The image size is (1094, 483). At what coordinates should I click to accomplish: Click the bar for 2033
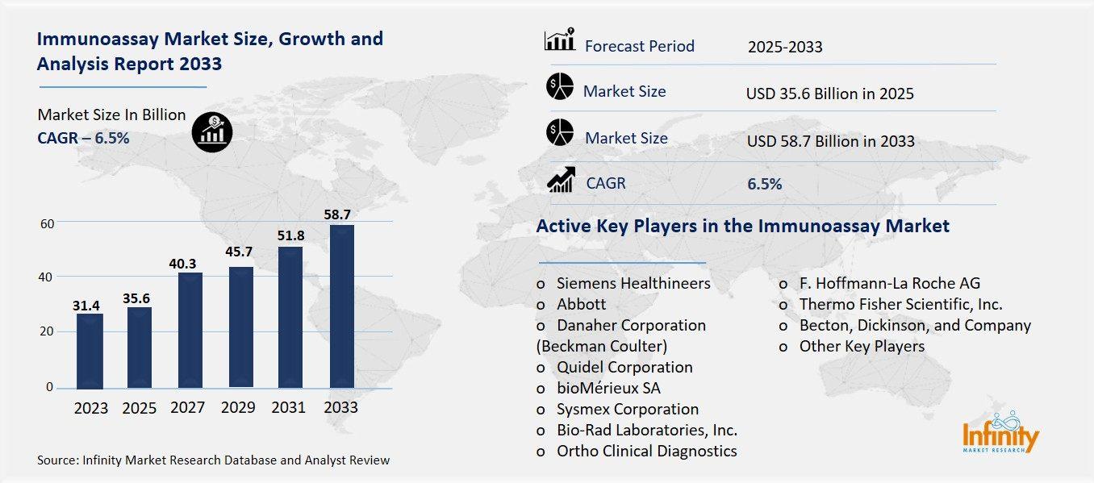pyautogui.click(x=342, y=306)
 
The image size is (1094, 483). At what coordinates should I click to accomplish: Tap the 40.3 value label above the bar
pyautogui.click(x=190, y=264)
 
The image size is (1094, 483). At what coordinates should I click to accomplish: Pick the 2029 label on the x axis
pyautogui.click(x=239, y=408)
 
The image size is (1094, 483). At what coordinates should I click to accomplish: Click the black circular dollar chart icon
pyautogui.click(x=212, y=131)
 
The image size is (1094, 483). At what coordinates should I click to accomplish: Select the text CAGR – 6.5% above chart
pyautogui.click(x=83, y=138)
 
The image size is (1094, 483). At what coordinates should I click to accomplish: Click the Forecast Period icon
pyautogui.click(x=559, y=40)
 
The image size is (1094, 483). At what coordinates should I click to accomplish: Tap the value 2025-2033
pyautogui.click(x=784, y=47)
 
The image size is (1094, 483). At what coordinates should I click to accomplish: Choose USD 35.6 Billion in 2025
pyautogui.click(x=829, y=94)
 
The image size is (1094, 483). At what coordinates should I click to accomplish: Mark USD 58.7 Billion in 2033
pyautogui.click(x=830, y=142)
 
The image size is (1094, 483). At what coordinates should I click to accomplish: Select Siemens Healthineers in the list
pyautogui.click(x=633, y=284)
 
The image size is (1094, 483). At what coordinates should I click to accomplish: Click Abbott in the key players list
pyautogui.click(x=581, y=305)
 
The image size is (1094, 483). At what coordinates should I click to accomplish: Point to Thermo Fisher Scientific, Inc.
pyautogui.click(x=900, y=305)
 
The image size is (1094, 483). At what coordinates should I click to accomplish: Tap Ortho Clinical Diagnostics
pyautogui.click(x=646, y=452)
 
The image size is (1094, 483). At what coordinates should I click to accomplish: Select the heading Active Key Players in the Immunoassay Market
pyautogui.click(x=742, y=227)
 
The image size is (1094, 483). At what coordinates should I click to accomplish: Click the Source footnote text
pyautogui.click(x=213, y=460)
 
